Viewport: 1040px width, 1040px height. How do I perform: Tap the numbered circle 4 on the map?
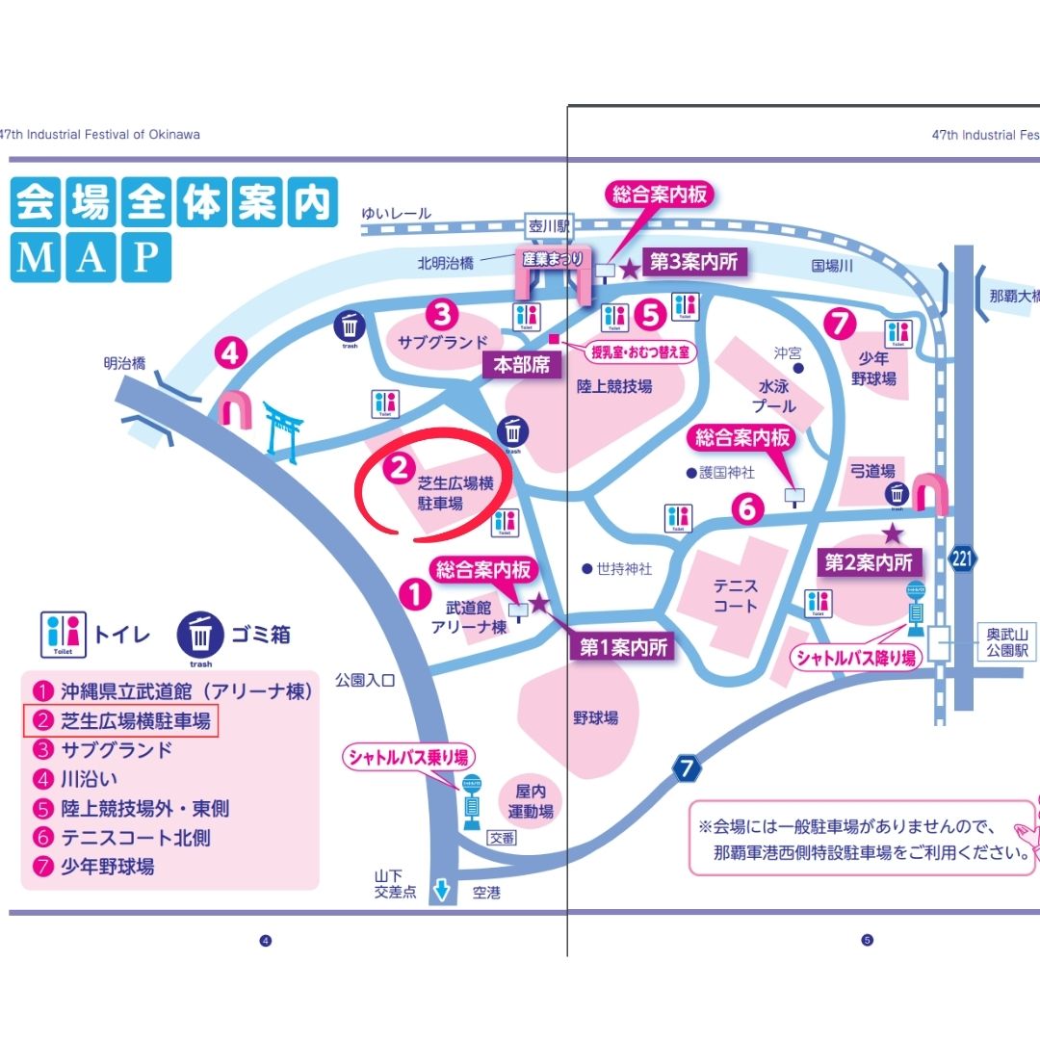[229, 353]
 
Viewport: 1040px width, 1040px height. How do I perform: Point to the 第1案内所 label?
[623, 648]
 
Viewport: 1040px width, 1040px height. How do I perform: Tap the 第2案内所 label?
[870, 560]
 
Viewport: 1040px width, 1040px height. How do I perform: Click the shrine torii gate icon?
[283, 428]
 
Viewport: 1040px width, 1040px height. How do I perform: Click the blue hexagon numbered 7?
[685, 769]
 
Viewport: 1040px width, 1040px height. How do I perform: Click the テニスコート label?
[736, 595]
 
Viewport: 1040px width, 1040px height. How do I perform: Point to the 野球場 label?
[597, 717]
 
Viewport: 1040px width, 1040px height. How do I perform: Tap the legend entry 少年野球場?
[107, 866]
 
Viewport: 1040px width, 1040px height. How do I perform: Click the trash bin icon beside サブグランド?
[351, 326]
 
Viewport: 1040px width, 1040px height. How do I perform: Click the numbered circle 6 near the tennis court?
[748, 507]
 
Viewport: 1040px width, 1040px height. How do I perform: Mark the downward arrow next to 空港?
[442, 891]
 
